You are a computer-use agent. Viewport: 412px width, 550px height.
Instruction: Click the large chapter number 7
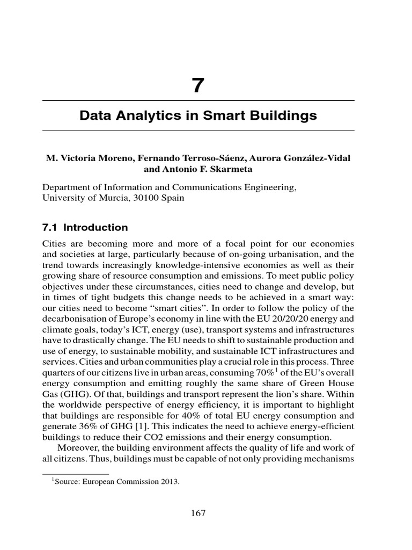pos(198,85)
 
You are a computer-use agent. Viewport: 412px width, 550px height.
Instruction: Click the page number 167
pos(198,513)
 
